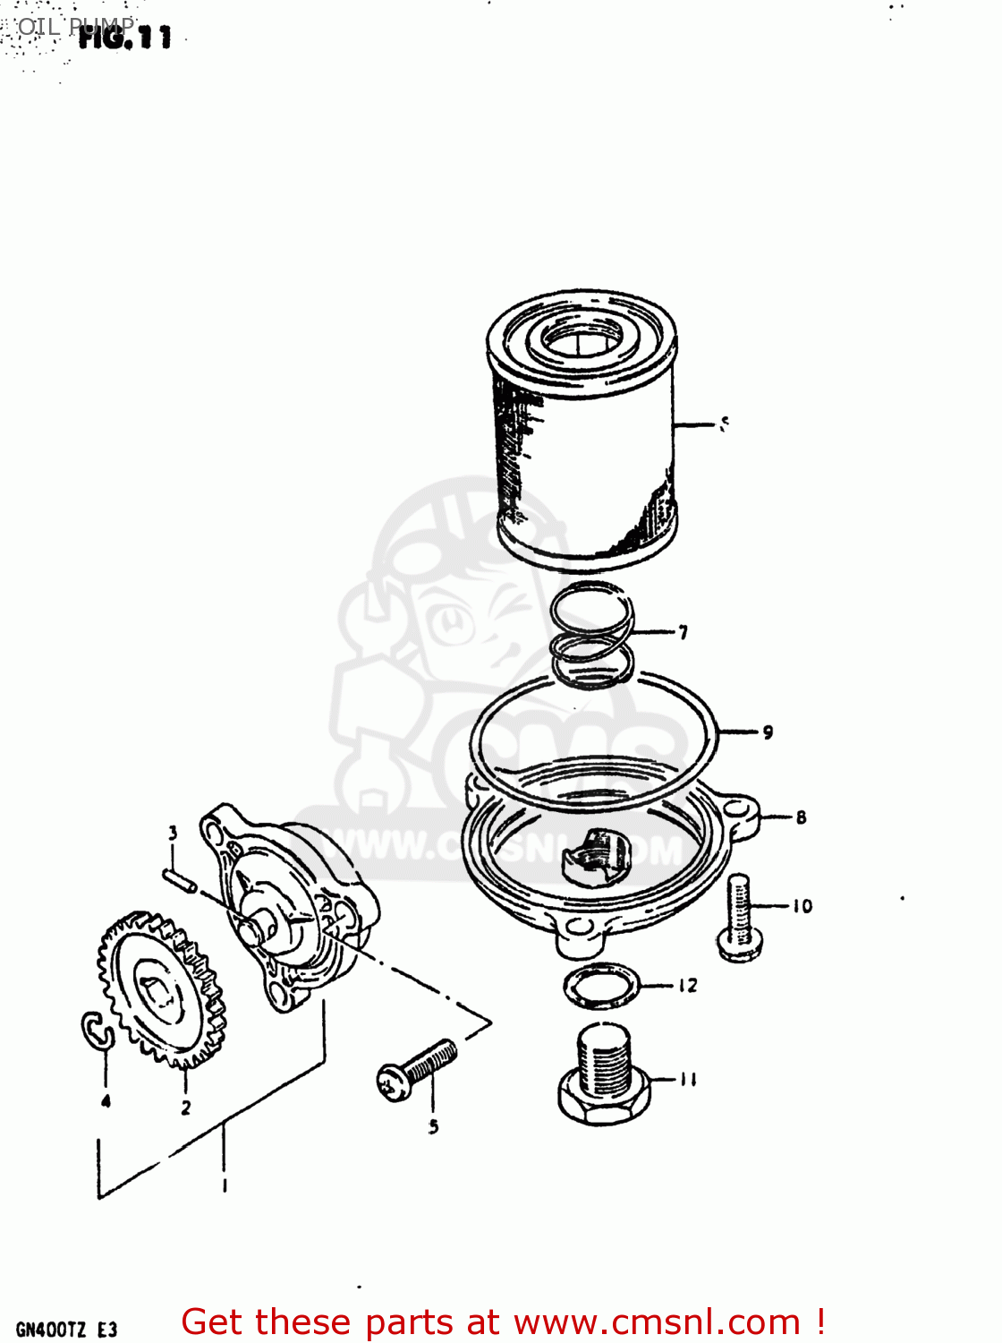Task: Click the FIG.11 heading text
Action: tap(124, 37)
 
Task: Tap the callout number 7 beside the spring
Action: tap(684, 633)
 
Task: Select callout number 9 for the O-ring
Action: tap(768, 732)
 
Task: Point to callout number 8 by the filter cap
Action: tap(801, 817)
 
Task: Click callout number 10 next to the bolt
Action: tap(802, 906)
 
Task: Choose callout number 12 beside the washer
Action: tap(687, 986)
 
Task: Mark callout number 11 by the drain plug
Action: tap(687, 1080)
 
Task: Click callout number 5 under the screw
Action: tap(433, 1127)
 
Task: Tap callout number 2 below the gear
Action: tap(185, 1108)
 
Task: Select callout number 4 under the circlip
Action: tap(106, 1101)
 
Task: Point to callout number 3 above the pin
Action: tap(173, 833)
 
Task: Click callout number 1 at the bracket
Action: tap(224, 1186)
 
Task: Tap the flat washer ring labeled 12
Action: tap(603, 986)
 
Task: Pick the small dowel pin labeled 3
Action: tap(179, 879)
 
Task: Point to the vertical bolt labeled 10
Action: tap(739, 918)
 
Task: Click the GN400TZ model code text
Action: tap(66, 1330)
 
